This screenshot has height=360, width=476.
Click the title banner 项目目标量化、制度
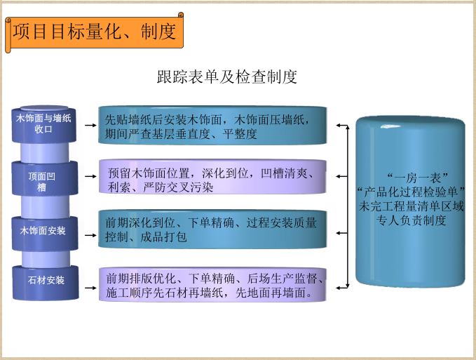click(x=95, y=32)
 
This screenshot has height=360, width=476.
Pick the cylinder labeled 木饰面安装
click(x=43, y=230)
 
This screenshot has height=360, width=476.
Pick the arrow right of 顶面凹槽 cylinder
click(x=90, y=180)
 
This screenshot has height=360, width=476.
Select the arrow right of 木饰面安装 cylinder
click(x=90, y=230)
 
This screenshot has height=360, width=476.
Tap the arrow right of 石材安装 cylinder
click(x=90, y=281)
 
